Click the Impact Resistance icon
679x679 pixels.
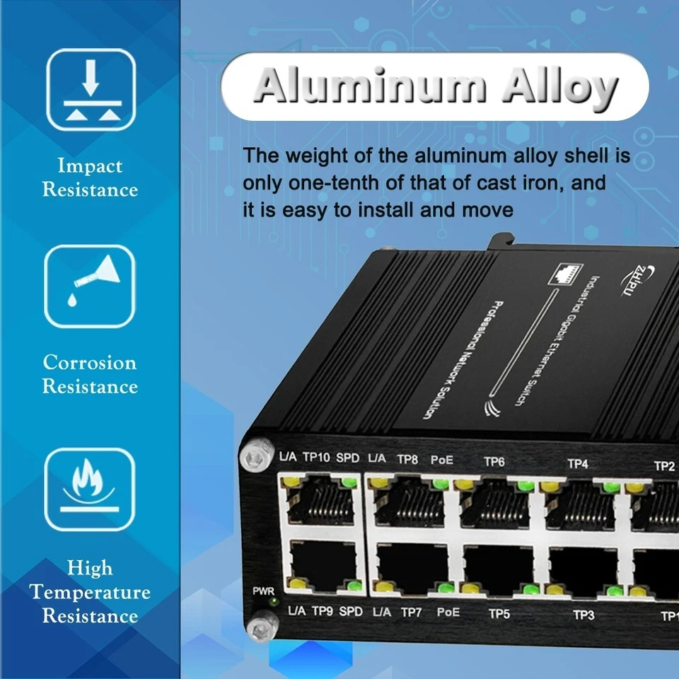pyautogui.click(x=91, y=90)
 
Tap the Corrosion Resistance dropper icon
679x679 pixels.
pyautogui.click(x=90, y=286)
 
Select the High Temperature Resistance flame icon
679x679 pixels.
pyautogui.click(x=90, y=489)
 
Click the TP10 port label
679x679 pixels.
pyautogui.click(x=316, y=458)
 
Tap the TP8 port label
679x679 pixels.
pyautogui.click(x=407, y=459)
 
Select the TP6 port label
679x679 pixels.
pyautogui.click(x=494, y=462)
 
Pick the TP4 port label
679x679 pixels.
pyautogui.click(x=578, y=464)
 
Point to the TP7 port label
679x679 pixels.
pyautogui.click(x=412, y=612)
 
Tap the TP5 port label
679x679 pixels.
pyautogui.click(x=499, y=614)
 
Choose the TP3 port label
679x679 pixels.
pyautogui.click(x=584, y=615)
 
